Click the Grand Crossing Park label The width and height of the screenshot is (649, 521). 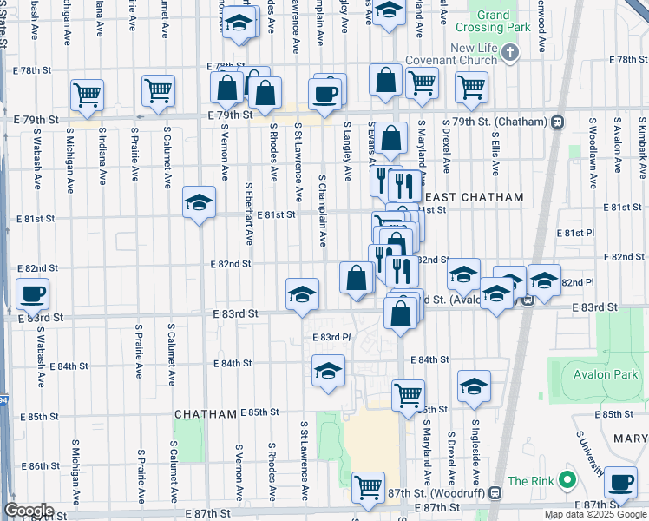(493, 21)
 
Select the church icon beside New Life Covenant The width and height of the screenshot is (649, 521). (510, 53)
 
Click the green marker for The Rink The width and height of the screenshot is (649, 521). (568, 479)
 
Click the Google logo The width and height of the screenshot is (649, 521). (29, 511)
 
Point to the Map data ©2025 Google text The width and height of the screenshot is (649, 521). (595, 514)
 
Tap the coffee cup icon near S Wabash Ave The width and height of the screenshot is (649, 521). (33, 293)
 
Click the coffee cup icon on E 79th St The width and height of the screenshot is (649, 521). (326, 95)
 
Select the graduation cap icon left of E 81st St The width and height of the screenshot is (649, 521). (200, 203)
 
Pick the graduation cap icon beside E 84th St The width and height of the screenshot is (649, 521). (328, 372)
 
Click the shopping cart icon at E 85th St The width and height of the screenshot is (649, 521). (408, 395)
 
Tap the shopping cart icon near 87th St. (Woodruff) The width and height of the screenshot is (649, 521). (369, 486)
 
